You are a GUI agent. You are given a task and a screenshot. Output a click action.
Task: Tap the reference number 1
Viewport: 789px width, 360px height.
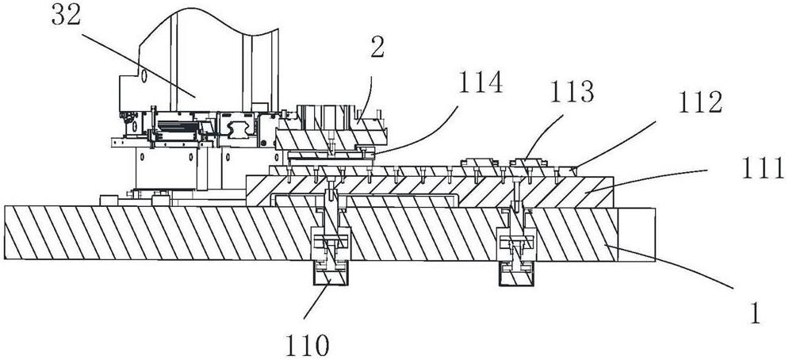pos(754,316)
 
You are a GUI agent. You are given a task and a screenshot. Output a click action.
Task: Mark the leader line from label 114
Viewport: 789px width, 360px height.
pos(412,131)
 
